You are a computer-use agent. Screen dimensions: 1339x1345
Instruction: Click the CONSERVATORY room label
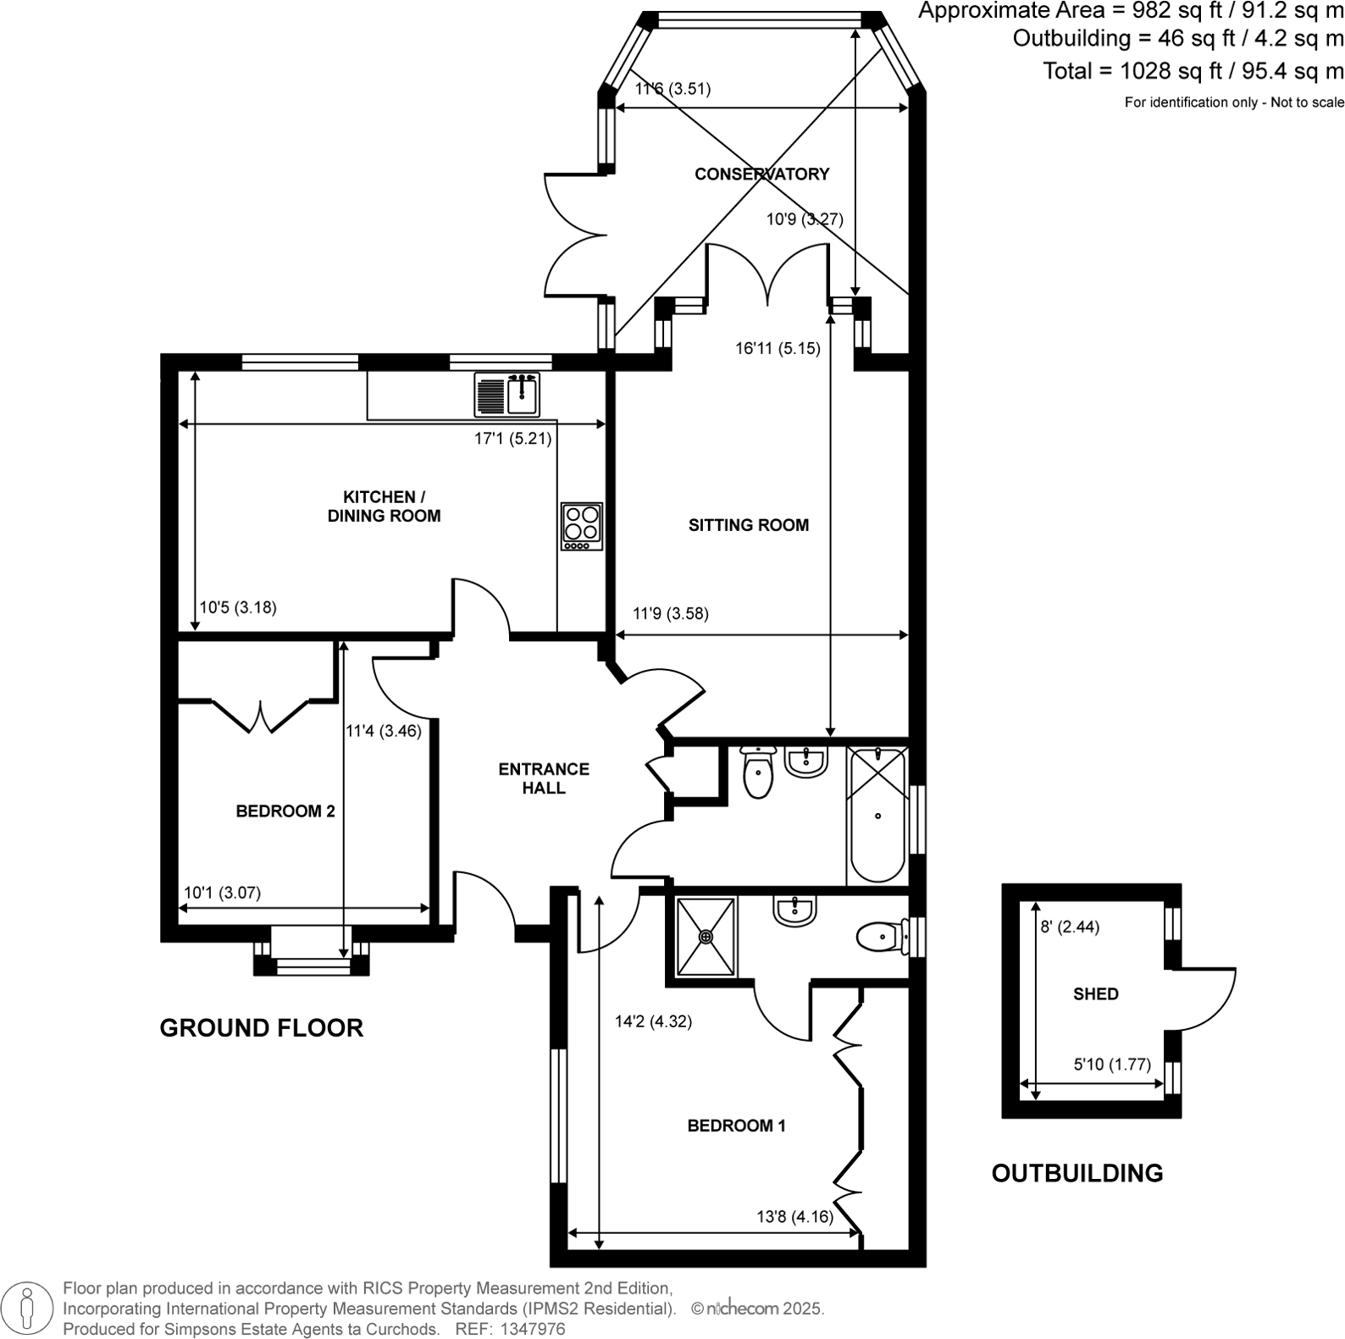pyautogui.click(x=761, y=174)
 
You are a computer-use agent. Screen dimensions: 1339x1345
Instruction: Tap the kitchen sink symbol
pyautogui.click(x=507, y=396)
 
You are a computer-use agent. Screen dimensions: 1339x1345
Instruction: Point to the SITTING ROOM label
pyautogui.click(x=748, y=525)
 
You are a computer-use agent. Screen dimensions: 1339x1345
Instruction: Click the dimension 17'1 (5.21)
pyautogui.click(x=512, y=439)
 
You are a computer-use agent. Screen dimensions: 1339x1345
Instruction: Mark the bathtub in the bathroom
pyautogui.click(x=877, y=815)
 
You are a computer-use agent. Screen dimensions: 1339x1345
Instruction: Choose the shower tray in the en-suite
pyautogui.click(x=706, y=937)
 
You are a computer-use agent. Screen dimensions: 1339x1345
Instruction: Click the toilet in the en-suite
pyautogui.click(x=881, y=938)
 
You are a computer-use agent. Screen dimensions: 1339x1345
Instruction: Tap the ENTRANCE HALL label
pyautogui.click(x=544, y=778)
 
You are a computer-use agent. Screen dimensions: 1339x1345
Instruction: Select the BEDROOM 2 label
pyautogui.click(x=285, y=811)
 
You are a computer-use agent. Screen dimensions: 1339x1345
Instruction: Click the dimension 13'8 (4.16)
pyautogui.click(x=794, y=1217)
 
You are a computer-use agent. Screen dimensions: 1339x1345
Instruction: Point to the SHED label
pyautogui.click(x=1095, y=994)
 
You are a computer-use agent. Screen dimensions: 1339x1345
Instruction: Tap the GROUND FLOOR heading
pyautogui.click(x=261, y=1028)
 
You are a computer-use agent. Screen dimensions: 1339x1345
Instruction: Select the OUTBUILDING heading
pyautogui.click(x=1077, y=1174)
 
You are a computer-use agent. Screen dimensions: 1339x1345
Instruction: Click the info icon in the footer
pyautogui.click(x=28, y=1308)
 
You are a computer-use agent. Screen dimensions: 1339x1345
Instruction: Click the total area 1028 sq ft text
pyautogui.click(x=1193, y=71)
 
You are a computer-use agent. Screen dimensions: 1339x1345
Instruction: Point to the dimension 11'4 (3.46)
pyautogui.click(x=383, y=731)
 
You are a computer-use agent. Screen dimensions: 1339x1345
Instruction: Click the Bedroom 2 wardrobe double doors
pyautogui.click(x=261, y=716)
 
